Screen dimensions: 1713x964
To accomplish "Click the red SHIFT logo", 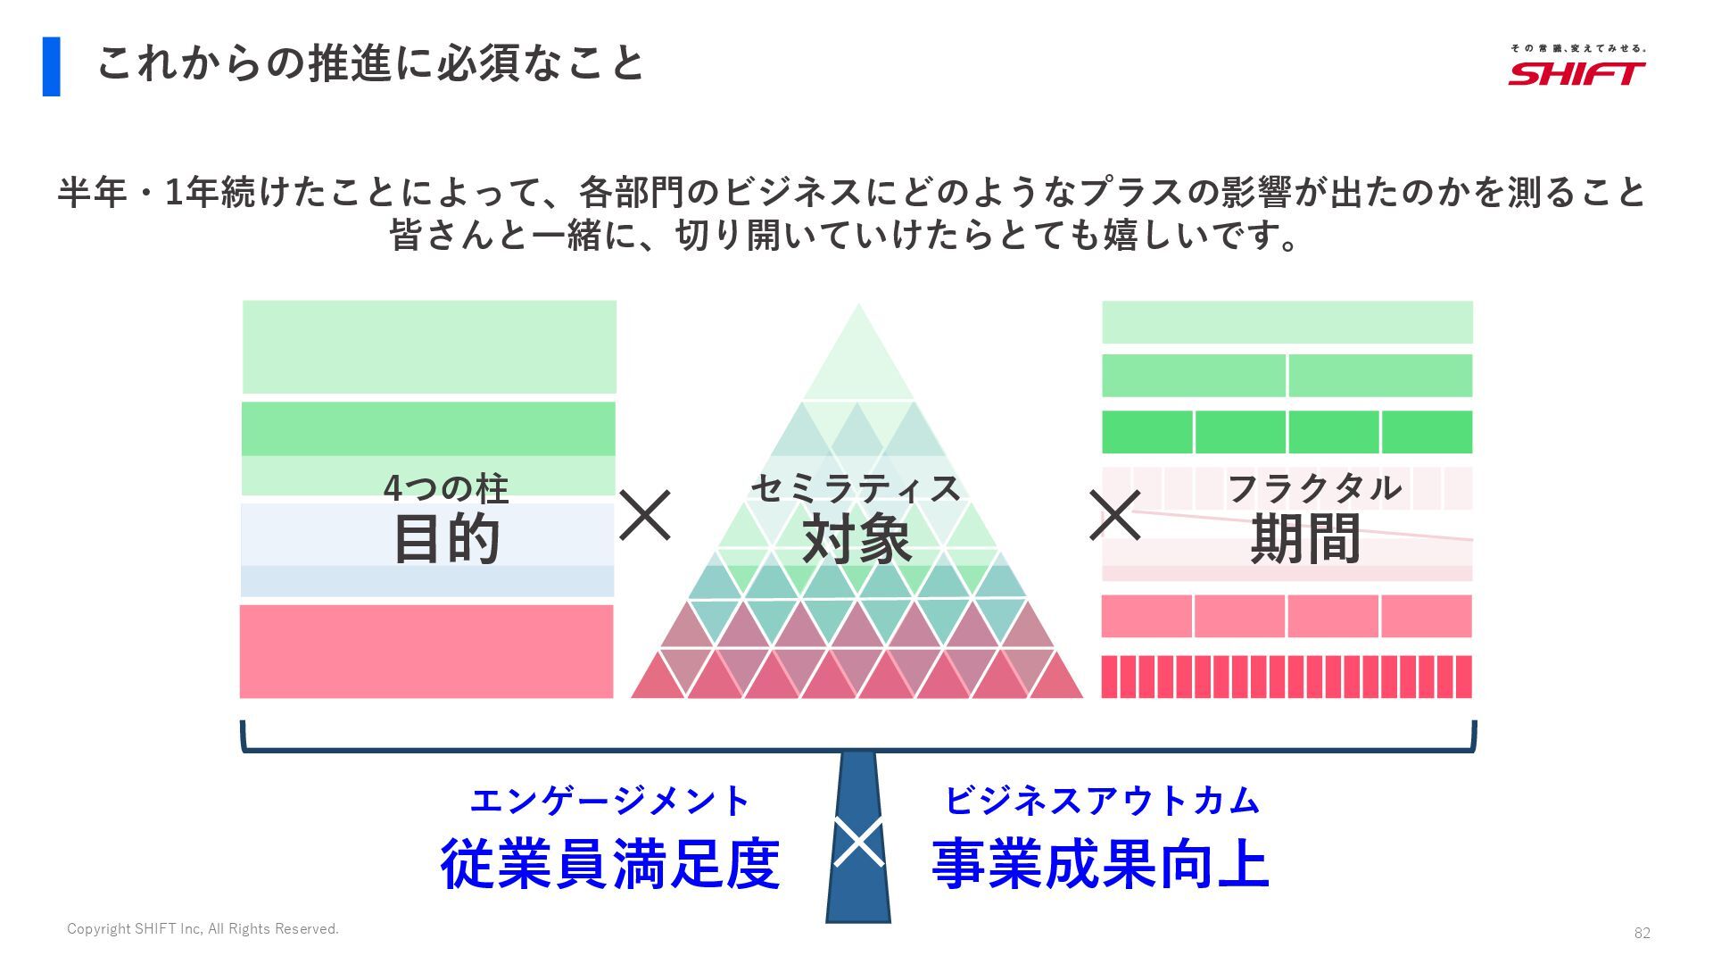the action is [x=1576, y=72].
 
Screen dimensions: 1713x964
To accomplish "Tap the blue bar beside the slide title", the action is [x=52, y=66].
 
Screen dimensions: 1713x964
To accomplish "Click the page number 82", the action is [x=1642, y=933].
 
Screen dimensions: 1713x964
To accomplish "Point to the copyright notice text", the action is [x=203, y=929].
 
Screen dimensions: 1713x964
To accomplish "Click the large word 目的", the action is [x=446, y=539].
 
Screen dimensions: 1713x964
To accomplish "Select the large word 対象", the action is [x=856, y=539].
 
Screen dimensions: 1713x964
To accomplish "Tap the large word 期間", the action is [x=1305, y=539].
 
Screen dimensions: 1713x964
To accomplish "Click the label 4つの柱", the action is [x=445, y=488].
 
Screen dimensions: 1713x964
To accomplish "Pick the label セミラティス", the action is [x=856, y=488].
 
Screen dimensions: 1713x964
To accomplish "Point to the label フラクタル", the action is [x=1314, y=488].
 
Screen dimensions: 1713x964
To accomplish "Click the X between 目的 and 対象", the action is [x=645, y=515].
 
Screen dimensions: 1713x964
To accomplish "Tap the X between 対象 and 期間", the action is [x=1114, y=515].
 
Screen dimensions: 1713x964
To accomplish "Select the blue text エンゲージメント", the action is [x=610, y=801].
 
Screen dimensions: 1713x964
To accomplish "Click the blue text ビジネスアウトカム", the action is [x=1102, y=801].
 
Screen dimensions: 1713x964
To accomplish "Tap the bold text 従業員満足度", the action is [x=610, y=864].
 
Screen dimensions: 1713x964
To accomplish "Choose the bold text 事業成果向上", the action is [x=1101, y=864].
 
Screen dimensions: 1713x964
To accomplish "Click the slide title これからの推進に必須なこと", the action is [x=369, y=64].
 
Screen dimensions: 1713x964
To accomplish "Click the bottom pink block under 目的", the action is [x=426, y=652].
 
